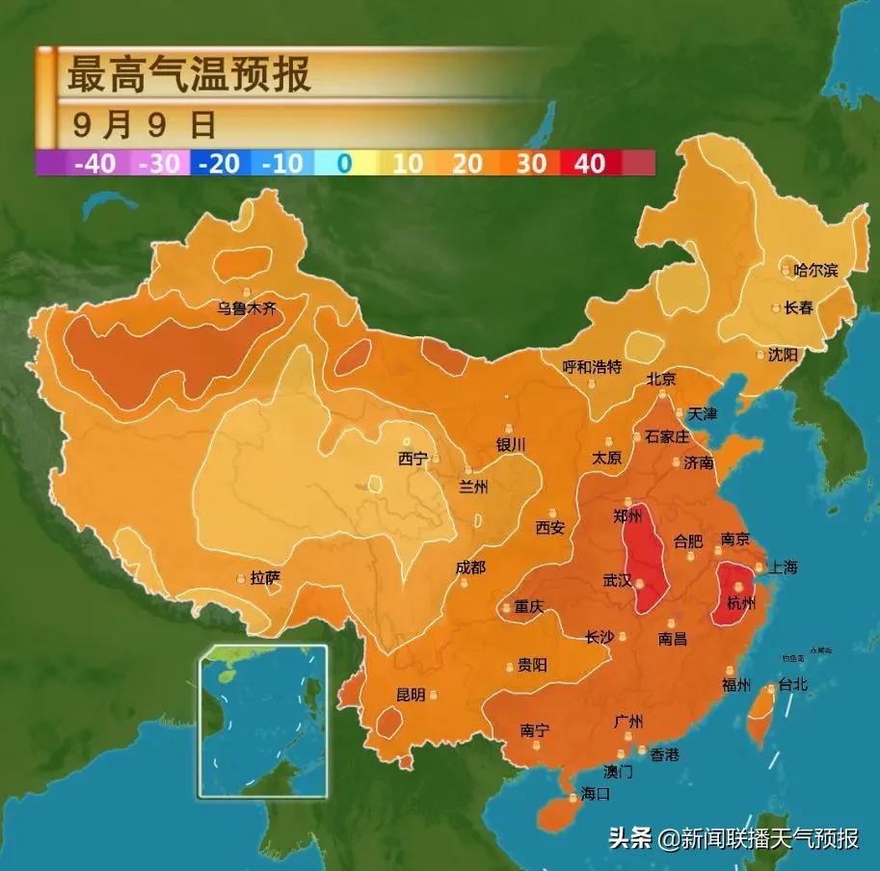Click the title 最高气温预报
[x=189, y=73]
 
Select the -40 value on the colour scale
[x=94, y=163]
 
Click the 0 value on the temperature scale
[x=343, y=163]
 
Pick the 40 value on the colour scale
[x=589, y=163]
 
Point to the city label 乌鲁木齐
[x=246, y=309]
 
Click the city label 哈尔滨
[x=815, y=271]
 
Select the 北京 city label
[x=661, y=379]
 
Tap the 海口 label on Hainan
[x=595, y=795]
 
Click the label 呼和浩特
[x=593, y=367]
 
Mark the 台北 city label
[x=792, y=685]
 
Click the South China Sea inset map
[x=263, y=721]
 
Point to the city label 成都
[x=470, y=567]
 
